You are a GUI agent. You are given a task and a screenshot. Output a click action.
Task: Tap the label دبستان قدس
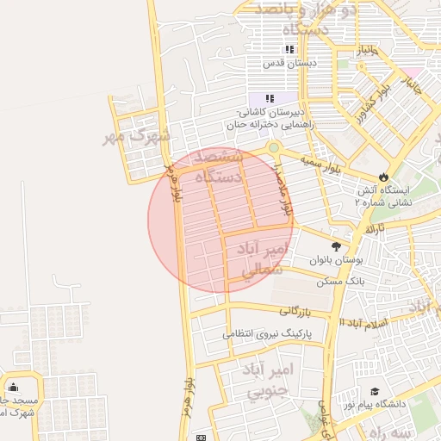pyautogui.click(x=289, y=63)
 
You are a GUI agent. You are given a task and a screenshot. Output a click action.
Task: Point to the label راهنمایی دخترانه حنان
pyautogui.click(x=272, y=125)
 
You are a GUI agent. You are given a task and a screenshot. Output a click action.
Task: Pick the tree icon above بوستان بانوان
pyautogui.click(x=336, y=245)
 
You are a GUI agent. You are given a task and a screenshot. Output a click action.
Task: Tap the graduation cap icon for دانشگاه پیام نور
pyautogui.click(x=374, y=392)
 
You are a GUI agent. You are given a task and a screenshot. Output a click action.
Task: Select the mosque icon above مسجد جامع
pyautogui.click(x=13, y=387)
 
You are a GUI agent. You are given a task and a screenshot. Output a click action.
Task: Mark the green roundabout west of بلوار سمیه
pyautogui.click(x=273, y=147)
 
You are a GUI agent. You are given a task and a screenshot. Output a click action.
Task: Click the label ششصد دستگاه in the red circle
pyautogui.click(x=222, y=166)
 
